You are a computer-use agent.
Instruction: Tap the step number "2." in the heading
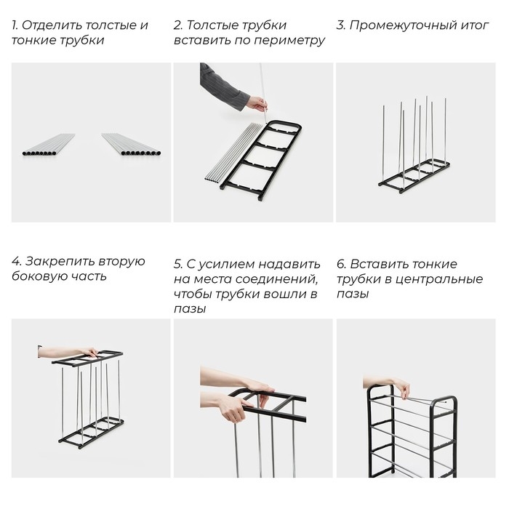[178, 25]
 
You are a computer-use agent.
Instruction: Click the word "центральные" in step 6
[444, 279]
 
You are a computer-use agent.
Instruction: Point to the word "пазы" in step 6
[353, 294]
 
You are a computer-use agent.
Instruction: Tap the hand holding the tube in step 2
[257, 103]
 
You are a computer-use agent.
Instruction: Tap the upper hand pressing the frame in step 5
[258, 386]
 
